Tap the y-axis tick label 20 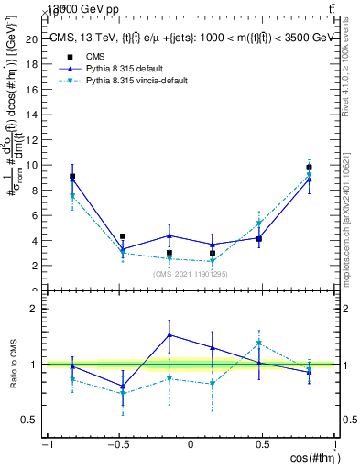tap(31, 39)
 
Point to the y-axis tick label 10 tap(31, 165)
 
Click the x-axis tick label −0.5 tap(117, 444)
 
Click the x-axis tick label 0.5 tap(262, 444)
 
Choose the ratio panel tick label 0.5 tap(29, 420)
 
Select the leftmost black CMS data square tap(72, 176)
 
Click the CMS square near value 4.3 tap(122, 236)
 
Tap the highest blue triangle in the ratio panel tap(169, 334)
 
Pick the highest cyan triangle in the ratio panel tap(260, 344)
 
